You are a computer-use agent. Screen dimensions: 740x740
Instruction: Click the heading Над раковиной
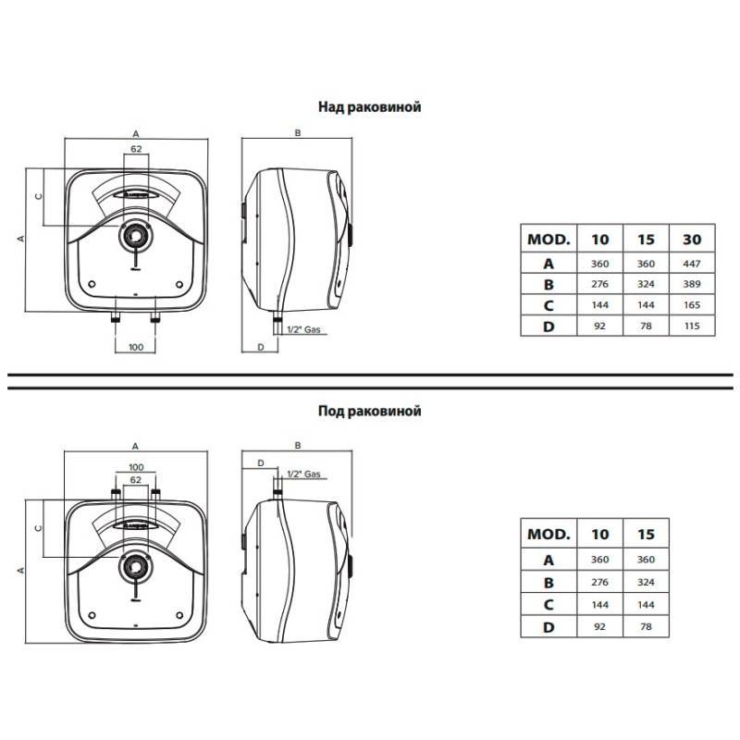(x=369, y=107)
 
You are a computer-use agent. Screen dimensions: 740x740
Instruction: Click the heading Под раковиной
(x=369, y=411)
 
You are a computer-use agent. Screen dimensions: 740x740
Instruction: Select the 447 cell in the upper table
(x=692, y=264)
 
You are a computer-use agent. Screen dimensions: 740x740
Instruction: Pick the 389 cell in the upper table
(x=692, y=284)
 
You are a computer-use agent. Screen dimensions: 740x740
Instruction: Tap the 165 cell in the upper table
(x=692, y=305)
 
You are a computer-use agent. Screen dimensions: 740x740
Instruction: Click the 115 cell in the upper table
(x=692, y=326)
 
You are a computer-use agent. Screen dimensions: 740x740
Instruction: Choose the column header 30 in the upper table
(x=692, y=240)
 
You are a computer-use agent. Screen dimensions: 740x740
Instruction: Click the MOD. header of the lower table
(x=549, y=535)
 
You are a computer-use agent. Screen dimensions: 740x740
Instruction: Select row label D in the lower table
(x=549, y=627)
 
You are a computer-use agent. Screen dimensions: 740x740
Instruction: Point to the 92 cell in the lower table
(x=599, y=627)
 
